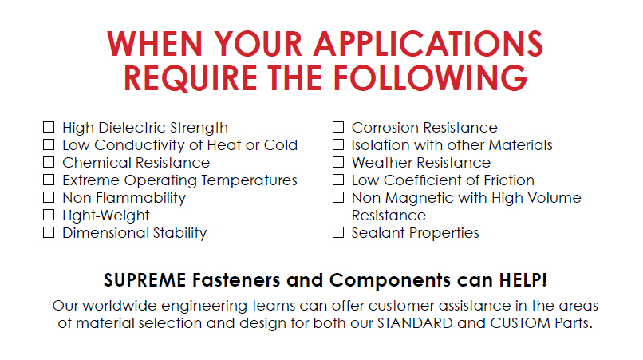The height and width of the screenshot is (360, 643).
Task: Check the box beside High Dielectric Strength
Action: click(49, 127)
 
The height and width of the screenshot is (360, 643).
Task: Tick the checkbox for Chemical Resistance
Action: click(49, 163)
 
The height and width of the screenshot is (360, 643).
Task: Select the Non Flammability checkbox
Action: click(49, 197)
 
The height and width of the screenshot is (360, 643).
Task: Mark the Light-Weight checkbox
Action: click(49, 215)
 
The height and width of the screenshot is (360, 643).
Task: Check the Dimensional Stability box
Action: click(49, 233)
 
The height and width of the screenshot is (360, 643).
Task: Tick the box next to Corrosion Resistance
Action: click(338, 127)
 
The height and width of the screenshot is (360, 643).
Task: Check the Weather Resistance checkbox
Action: click(338, 163)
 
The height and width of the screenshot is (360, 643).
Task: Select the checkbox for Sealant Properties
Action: click(338, 233)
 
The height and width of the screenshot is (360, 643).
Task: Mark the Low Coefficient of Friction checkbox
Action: click(338, 180)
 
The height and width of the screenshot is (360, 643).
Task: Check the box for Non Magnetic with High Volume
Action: click(338, 197)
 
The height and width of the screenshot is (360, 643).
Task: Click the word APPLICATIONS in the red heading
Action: click(428, 44)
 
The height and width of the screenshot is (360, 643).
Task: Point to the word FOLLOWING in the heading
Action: click(430, 78)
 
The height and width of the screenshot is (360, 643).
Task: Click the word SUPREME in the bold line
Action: click(144, 280)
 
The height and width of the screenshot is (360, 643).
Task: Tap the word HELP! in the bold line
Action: click(523, 280)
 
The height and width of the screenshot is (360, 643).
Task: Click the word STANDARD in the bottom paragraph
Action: click(415, 323)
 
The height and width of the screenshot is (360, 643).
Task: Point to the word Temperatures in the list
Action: click(249, 180)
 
